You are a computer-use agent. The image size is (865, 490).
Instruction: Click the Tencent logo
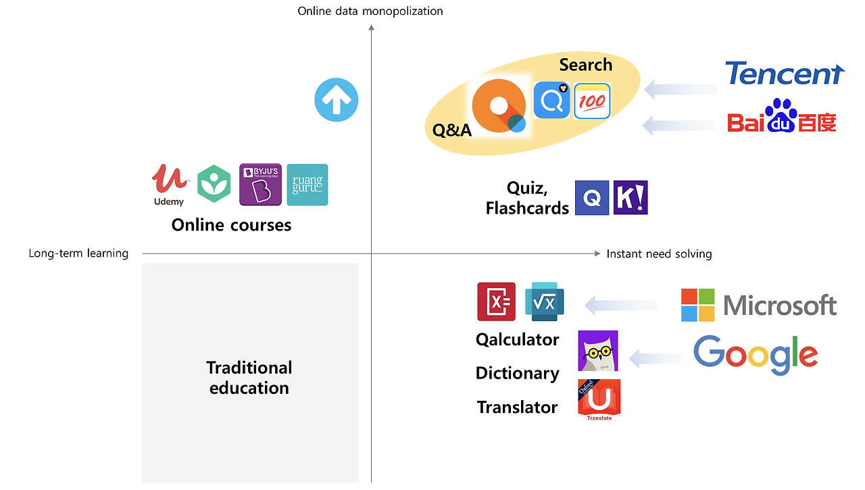[785, 74]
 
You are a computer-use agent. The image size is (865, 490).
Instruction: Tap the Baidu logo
[782, 116]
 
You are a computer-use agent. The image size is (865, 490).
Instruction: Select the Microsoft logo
[758, 305]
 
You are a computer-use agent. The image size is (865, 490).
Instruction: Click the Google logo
[756, 355]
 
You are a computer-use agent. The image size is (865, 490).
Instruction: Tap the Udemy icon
[169, 184]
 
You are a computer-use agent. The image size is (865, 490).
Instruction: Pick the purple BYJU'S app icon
[260, 185]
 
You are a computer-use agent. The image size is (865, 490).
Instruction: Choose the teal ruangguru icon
[307, 185]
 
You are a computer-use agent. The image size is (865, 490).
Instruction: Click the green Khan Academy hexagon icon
[214, 185]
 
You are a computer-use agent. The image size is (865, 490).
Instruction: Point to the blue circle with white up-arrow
[337, 100]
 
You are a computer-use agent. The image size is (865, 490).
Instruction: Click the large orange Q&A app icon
[499, 106]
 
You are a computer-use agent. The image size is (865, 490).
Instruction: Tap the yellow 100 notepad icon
[592, 101]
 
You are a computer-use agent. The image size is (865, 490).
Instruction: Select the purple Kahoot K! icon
[631, 198]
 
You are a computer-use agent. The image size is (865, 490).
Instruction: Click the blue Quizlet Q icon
[592, 198]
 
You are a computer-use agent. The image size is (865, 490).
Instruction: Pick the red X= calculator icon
[497, 301]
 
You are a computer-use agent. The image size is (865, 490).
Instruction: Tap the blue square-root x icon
[544, 301]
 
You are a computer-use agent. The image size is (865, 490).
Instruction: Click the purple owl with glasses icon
[598, 351]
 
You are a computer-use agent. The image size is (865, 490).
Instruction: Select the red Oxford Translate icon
[599, 399]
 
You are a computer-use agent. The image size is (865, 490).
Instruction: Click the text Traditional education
[249, 377]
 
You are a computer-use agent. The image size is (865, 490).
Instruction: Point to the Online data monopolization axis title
[370, 11]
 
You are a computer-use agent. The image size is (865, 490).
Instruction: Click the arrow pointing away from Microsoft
[620, 305]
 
